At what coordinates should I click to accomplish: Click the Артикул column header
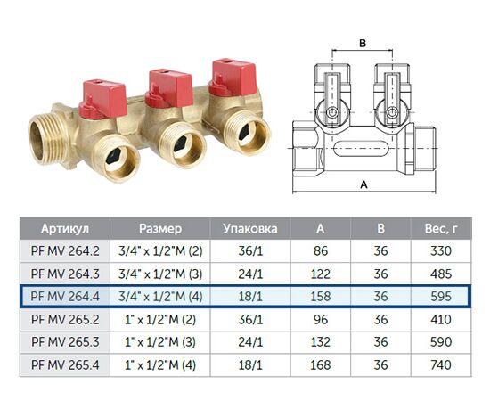pos(65,228)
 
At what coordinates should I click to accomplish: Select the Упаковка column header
pos(250,228)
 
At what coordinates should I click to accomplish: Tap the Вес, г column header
pos(441,228)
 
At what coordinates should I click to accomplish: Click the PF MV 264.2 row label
pos(65,251)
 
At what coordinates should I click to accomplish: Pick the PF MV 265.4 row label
pos(65,364)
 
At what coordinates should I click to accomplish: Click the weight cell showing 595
pos(441,297)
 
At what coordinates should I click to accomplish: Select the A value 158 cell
pos(321,297)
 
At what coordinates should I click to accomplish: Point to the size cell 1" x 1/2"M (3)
pos(160,342)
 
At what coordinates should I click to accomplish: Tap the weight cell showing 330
pos(441,251)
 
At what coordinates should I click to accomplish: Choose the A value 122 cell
pos(321,274)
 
